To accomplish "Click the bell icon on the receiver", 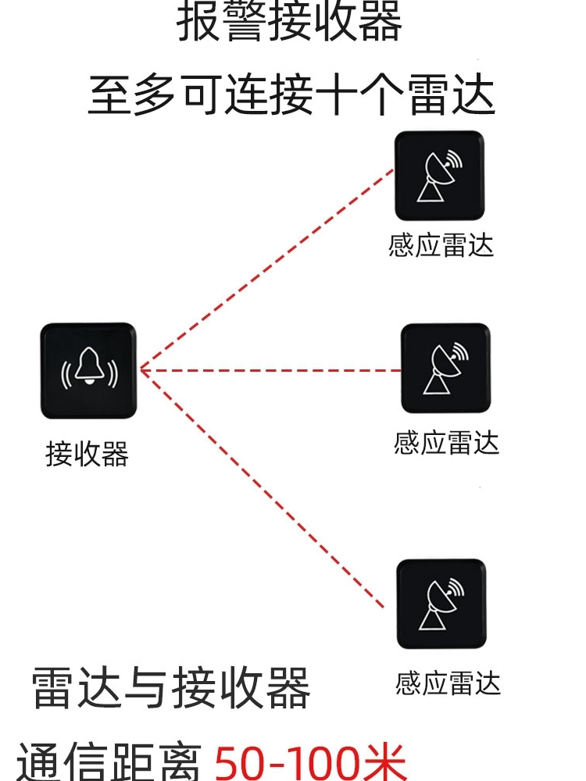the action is [89, 369].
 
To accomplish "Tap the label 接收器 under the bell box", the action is [87, 454].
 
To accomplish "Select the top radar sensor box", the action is [439, 176].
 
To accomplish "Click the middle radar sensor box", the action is [445, 368].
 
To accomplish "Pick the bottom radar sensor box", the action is [441, 604].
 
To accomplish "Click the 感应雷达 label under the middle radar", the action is [446, 444].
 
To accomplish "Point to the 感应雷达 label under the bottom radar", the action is [448, 683].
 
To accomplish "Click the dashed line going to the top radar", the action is [266, 269].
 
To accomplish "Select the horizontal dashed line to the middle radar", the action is [270, 370].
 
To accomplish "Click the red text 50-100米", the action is [310, 761].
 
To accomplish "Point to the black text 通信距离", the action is [109, 762].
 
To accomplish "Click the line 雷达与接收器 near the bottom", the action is [171, 688].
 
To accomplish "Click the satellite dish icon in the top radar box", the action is [439, 176].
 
